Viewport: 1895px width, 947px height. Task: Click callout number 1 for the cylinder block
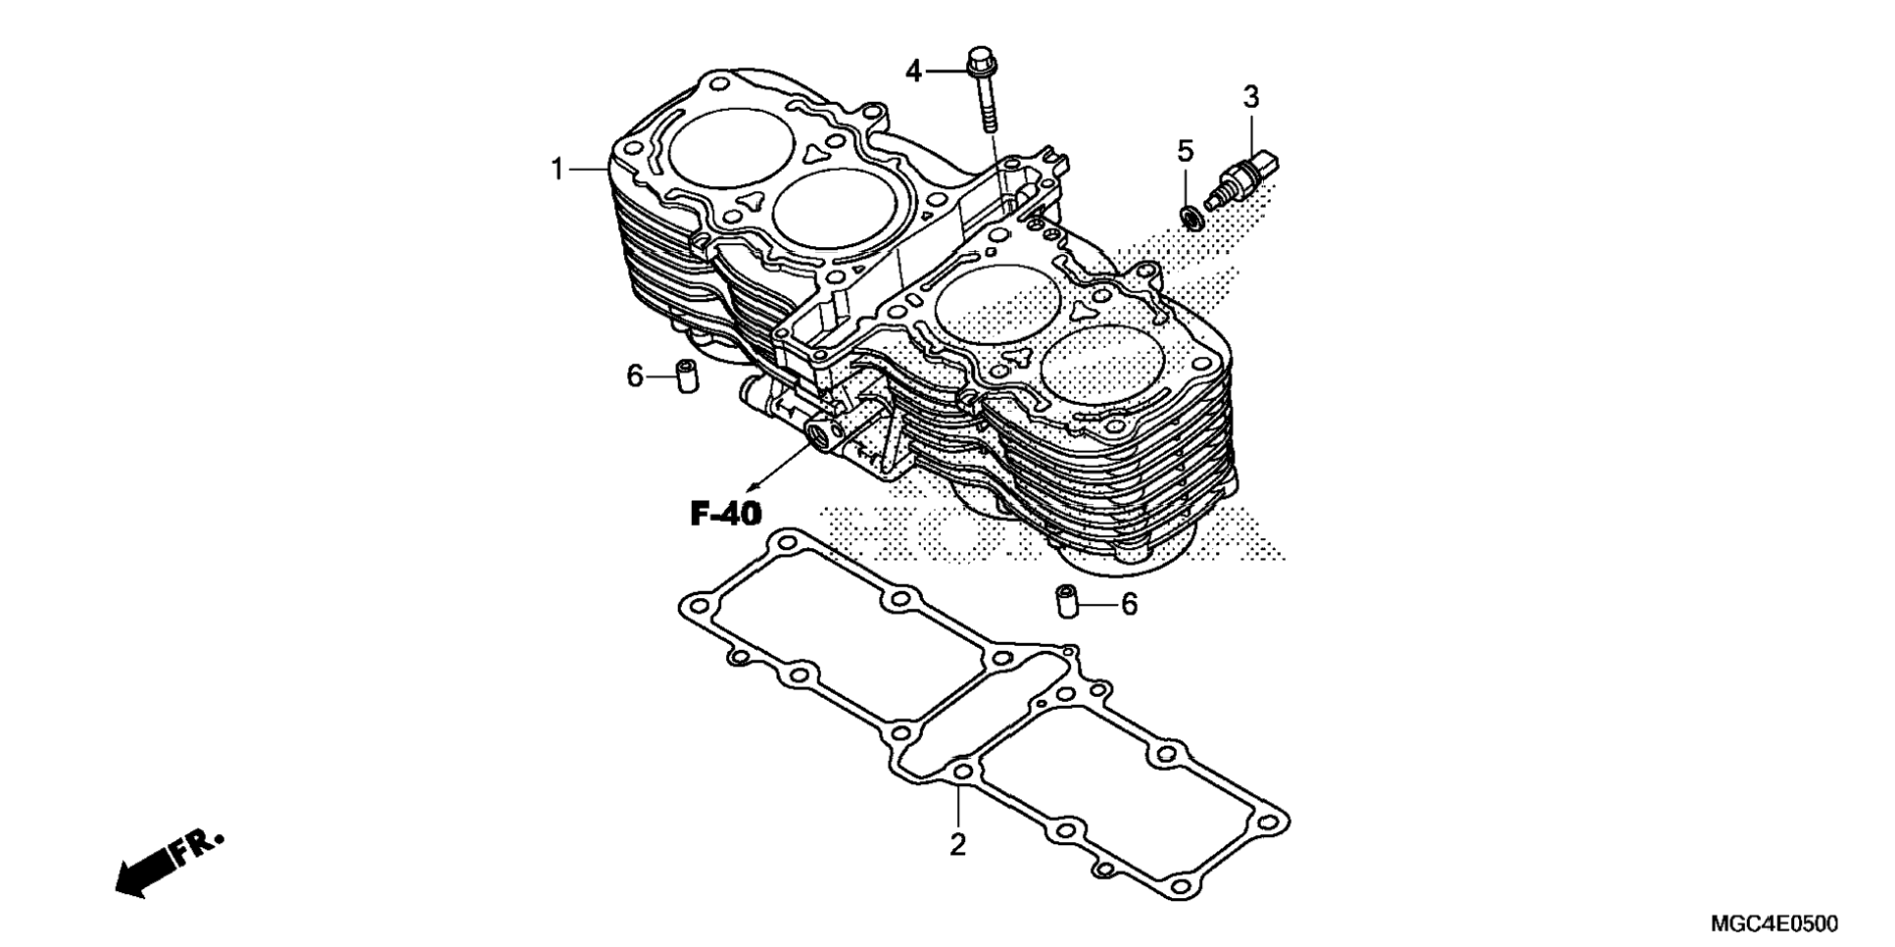pyautogui.click(x=557, y=171)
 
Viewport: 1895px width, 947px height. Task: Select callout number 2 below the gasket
pyautogui.click(x=957, y=843)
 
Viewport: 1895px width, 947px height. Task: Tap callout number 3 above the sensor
pyautogui.click(x=1251, y=97)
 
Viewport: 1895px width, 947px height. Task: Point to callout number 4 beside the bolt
pyautogui.click(x=913, y=71)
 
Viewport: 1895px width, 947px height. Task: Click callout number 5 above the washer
pyautogui.click(x=1186, y=151)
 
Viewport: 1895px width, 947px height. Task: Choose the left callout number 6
pyautogui.click(x=635, y=375)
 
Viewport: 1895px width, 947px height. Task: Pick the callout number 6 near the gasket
pyautogui.click(x=1129, y=605)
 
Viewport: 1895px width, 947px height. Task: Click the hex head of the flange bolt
pyautogui.click(x=978, y=62)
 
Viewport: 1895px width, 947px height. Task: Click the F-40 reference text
pyautogui.click(x=725, y=513)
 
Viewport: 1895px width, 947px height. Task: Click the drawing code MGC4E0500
pyautogui.click(x=1774, y=923)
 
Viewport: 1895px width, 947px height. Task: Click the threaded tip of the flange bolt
pyautogui.click(x=989, y=123)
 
